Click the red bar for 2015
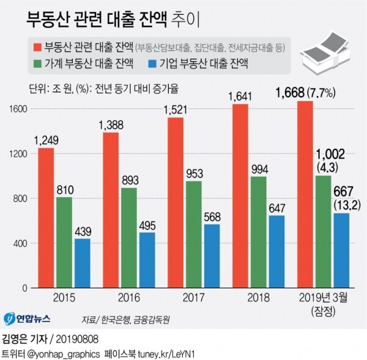pos(45,217)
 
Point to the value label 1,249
pos(45,140)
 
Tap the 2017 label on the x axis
pos(194,298)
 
